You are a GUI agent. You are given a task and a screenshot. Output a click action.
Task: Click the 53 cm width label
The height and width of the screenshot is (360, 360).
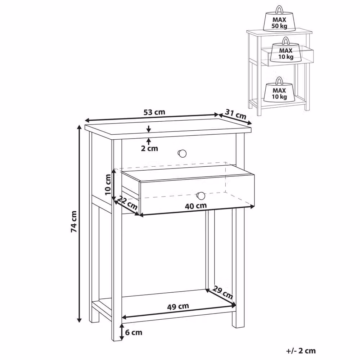154,112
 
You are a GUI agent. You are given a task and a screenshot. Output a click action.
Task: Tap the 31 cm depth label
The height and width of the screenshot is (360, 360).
235,114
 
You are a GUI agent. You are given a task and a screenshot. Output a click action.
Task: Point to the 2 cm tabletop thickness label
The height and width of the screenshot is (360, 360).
149,149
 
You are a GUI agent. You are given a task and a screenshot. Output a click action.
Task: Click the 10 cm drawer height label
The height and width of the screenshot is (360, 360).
108,185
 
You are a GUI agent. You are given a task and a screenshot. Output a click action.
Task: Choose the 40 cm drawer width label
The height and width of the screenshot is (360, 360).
196,206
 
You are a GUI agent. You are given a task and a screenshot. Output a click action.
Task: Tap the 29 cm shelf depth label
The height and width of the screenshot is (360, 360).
222,292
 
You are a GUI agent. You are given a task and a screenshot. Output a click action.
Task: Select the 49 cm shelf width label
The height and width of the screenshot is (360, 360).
178,306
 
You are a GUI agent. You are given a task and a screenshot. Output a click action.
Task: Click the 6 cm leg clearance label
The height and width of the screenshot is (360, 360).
134,332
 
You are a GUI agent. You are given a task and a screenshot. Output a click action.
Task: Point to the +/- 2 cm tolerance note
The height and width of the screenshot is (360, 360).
301,351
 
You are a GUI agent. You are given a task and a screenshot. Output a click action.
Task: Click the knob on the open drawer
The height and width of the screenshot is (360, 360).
201,196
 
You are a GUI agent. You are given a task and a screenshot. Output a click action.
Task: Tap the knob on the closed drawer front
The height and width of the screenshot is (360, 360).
182,154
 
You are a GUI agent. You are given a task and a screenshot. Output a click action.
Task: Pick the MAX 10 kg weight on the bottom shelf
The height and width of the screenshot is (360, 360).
279,90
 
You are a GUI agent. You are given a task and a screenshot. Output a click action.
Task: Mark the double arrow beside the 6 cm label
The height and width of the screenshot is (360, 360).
122,332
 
